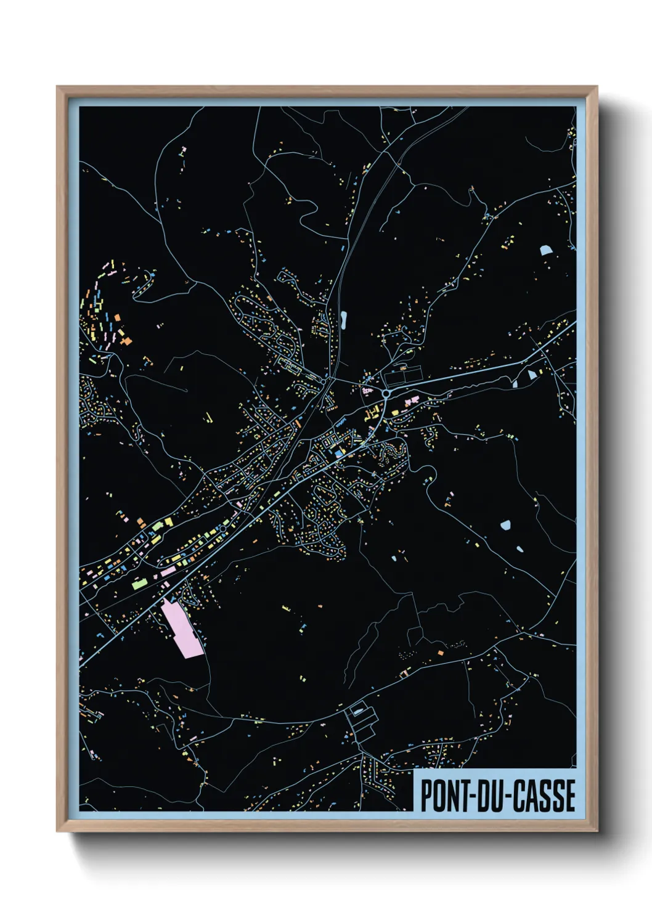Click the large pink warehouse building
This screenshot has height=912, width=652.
182,629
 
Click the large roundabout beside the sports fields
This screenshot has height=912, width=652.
386,393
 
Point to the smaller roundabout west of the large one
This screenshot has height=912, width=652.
323,382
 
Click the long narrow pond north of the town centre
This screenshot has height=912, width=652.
343,319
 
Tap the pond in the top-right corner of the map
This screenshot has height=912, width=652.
545,250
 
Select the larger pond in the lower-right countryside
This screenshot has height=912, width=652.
505,525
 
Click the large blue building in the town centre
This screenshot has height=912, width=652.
339,453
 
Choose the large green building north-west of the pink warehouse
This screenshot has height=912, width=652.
139,582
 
